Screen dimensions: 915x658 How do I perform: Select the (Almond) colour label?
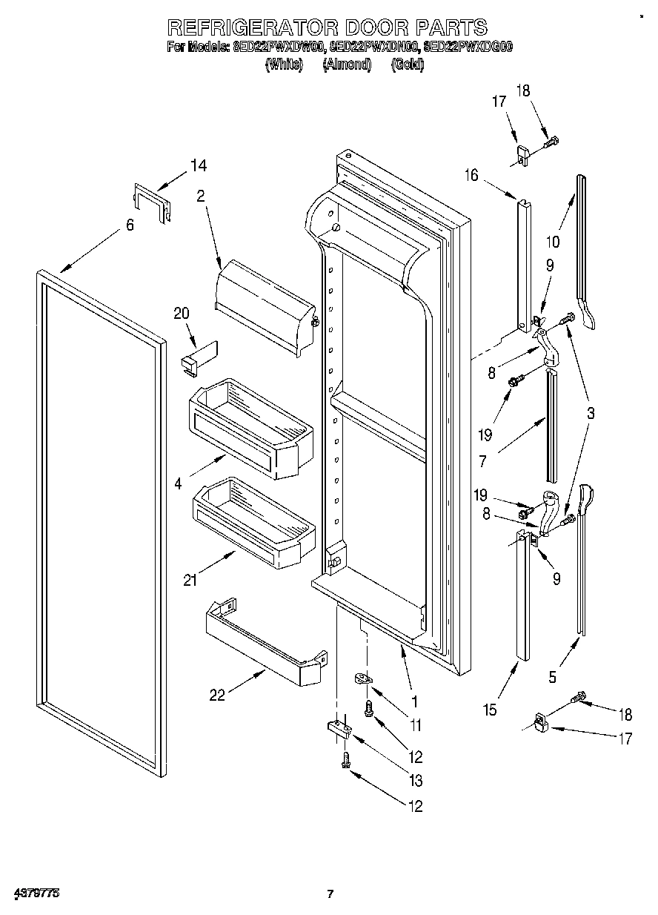click(x=346, y=65)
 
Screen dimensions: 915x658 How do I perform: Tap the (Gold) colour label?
click(x=407, y=65)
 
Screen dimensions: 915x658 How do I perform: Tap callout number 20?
click(x=181, y=313)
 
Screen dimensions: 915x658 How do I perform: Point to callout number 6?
click(x=130, y=225)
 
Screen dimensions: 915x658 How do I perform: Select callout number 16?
click(x=471, y=175)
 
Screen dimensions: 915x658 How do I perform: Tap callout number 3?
click(x=590, y=414)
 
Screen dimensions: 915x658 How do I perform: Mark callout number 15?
click(x=488, y=710)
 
